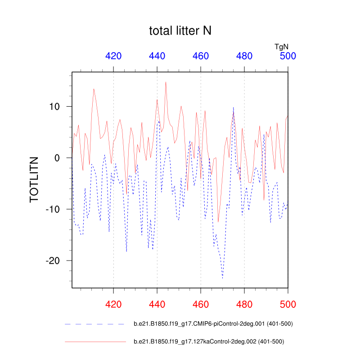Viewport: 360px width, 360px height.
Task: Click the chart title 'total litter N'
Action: tap(180, 31)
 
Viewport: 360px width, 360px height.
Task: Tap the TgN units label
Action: tap(282, 46)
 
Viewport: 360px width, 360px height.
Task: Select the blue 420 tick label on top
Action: tap(113, 56)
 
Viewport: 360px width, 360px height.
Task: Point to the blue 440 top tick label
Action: tap(157, 56)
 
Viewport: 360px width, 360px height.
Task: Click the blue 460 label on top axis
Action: tap(201, 56)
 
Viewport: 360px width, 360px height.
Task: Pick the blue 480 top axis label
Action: tap(244, 56)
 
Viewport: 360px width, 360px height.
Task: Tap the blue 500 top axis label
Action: tap(288, 56)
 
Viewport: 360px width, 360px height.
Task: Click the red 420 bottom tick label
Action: tap(113, 304)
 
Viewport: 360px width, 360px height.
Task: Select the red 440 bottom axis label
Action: tap(157, 304)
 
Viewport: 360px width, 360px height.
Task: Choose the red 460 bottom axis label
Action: tap(201, 304)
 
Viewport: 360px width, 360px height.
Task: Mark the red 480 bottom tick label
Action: tap(244, 304)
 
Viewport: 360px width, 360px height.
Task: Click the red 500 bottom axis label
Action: tap(288, 304)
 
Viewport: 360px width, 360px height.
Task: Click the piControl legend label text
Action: tap(214, 324)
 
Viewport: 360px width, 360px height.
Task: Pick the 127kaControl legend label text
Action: tap(209, 342)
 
